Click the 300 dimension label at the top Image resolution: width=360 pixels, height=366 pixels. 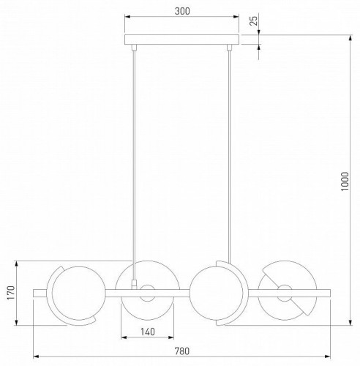click(x=182, y=11)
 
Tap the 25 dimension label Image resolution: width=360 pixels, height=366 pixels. click(x=254, y=20)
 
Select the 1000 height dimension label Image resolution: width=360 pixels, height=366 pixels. click(x=345, y=182)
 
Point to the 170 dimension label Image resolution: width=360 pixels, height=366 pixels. click(x=11, y=293)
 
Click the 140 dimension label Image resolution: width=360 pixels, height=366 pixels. click(x=148, y=332)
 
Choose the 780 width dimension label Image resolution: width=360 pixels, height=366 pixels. click(x=182, y=351)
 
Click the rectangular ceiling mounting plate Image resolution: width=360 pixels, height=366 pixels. click(x=181, y=40)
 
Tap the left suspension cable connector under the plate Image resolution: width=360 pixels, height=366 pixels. click(x=134, y=48)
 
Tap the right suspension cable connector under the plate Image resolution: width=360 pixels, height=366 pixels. click(x=229, y=48)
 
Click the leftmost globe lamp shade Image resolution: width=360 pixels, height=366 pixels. click(x=79, y=293)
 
